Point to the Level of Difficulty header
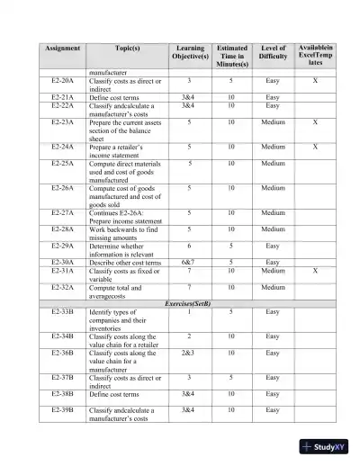(x=274, y=53)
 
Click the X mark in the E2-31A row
(x=314, y=270)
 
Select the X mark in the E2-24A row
(x=314, y=145)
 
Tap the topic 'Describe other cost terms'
(x=125, y=261)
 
